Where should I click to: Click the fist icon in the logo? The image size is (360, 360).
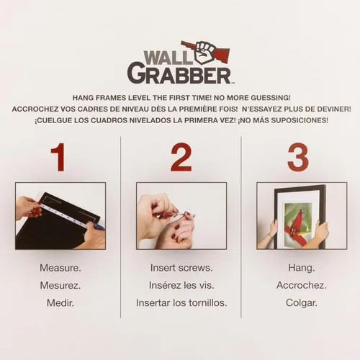point(205,53)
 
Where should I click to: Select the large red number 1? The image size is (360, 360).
point(58,157)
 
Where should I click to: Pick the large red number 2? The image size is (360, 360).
point(181,157)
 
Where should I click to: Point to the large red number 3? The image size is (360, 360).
point(298,157)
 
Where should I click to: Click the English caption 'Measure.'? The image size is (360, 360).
point(60,268)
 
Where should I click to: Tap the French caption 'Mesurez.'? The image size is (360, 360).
point(60,285)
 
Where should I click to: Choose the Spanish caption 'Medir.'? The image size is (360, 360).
point(60,303)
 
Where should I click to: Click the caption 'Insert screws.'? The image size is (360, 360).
point(181,268)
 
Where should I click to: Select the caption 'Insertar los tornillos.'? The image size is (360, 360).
point(181,303)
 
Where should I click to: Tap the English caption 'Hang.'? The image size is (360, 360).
point(302,268)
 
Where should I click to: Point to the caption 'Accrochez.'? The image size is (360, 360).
point(302,285)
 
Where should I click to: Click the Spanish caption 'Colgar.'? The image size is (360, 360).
point(302,303)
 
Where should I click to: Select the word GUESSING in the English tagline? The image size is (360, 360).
point(271,98)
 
